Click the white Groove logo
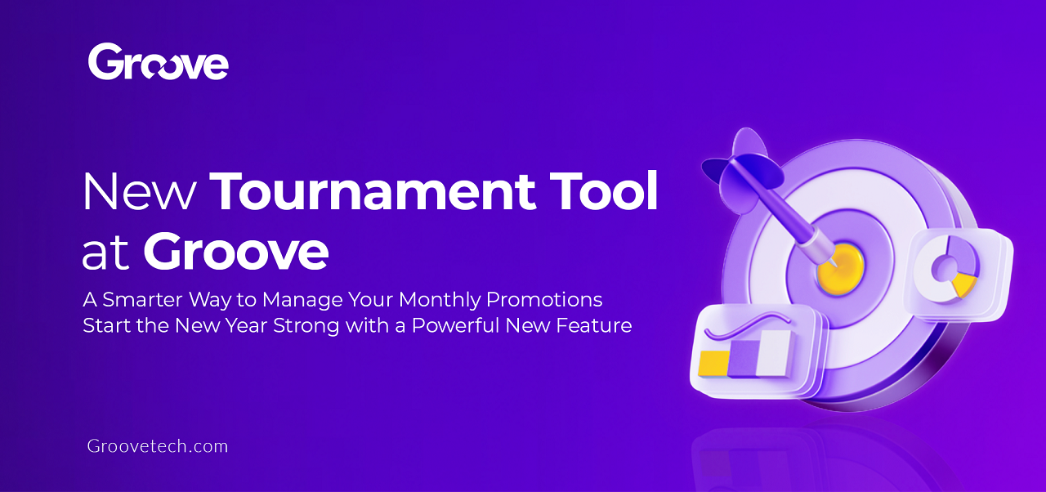click(x=158, y=61)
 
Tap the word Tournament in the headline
click(x=373, y=193)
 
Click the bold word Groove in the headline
click(x=236, y=253)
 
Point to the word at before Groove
click(x=106, y=255)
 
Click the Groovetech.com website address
click(x=158, y=446)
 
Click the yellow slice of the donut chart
click(x=965, y=284)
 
